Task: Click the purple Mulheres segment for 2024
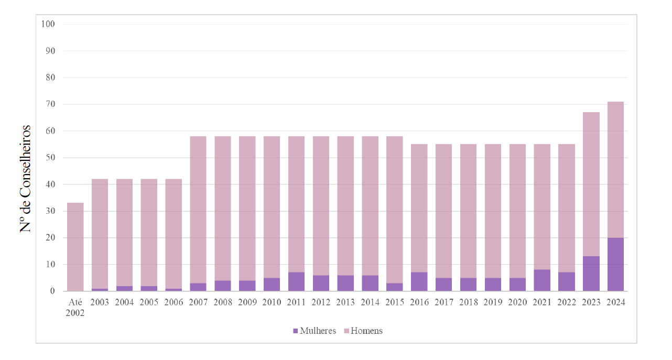pos(615,264)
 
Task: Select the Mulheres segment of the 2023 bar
pos(591,274)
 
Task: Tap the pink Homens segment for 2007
pos(198,210)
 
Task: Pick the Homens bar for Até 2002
pos(75,247)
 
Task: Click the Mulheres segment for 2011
pos(296,282)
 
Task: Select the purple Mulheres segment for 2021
pos(542,280)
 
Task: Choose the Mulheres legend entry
pos(315,331)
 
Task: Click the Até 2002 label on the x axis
pos(75,307)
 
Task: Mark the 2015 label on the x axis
pos(395,302)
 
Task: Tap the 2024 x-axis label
pos(615,302)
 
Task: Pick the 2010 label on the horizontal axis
pos(272,302)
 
